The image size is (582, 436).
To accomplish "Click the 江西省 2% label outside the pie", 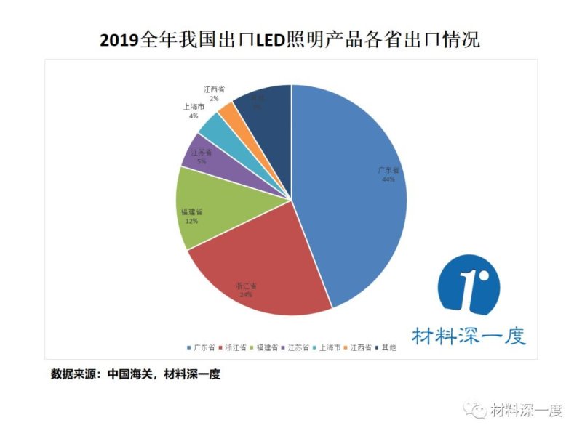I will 214,93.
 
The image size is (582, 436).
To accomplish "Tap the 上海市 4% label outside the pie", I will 194,111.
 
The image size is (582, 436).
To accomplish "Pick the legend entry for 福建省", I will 267,347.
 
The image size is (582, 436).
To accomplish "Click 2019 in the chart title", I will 119,40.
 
